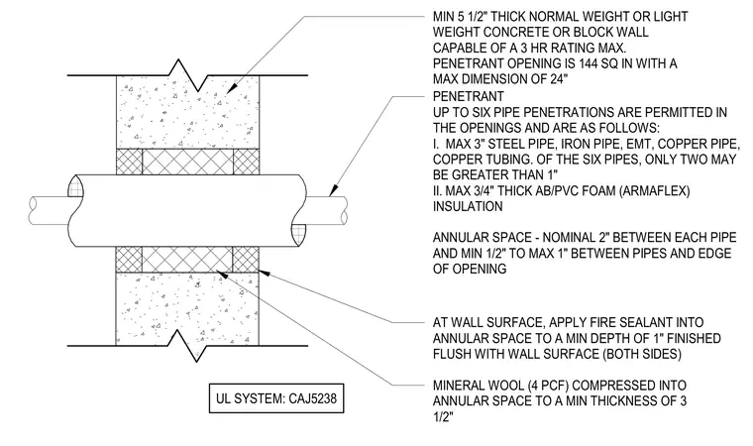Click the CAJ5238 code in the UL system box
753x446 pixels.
pos(313,398)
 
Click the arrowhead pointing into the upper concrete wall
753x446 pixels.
pos(231,88)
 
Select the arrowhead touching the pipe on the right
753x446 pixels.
pos(333,191)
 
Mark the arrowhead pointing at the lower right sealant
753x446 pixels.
pos(265,273)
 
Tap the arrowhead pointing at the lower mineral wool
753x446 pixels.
pos(222,274)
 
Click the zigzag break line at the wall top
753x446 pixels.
pos(187,75)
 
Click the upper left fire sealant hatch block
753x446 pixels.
pos(129,162)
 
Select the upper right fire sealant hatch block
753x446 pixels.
pos(246,162)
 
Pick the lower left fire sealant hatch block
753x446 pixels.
pos(129,260)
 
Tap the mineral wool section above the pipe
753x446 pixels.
pos(188,162)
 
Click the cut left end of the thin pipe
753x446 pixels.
pos(33,210)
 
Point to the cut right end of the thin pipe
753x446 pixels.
pos(343,210)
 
